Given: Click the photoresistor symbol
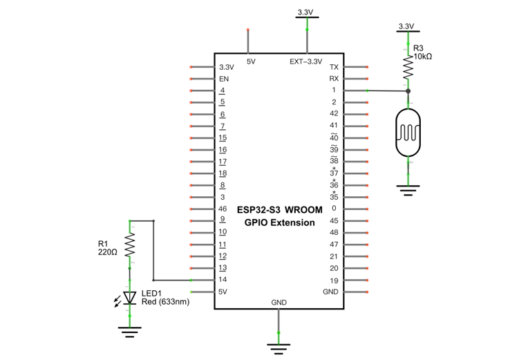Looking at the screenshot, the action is click(408, 133).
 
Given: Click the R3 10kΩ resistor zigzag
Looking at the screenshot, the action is click(408, 68).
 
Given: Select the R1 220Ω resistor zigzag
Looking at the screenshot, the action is click(130, 245).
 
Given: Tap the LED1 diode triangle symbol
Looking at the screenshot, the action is click(130, 298).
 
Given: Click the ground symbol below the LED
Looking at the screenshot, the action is click(130, 332).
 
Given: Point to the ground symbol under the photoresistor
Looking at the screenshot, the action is click(408, 190).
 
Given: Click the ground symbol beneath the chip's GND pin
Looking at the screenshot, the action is click(279, 349).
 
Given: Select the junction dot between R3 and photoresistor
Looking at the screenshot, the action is click(408, 91).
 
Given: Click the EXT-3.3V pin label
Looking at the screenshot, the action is click(305, 61).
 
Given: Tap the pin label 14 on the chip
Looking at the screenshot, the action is click(223, 279).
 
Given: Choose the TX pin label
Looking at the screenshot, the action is click(334, 67).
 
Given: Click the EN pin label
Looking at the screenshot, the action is click(224, 79).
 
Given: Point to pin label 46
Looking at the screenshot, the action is click(223, 209).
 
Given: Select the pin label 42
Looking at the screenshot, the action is click(334, 113).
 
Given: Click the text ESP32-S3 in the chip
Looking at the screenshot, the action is click(258, 210).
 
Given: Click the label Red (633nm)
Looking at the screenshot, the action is click(165, 302).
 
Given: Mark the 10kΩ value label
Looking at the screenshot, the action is click(422, 57).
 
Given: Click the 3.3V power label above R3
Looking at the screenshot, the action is click(406, 26).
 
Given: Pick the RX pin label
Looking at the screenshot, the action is click(334, 79).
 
